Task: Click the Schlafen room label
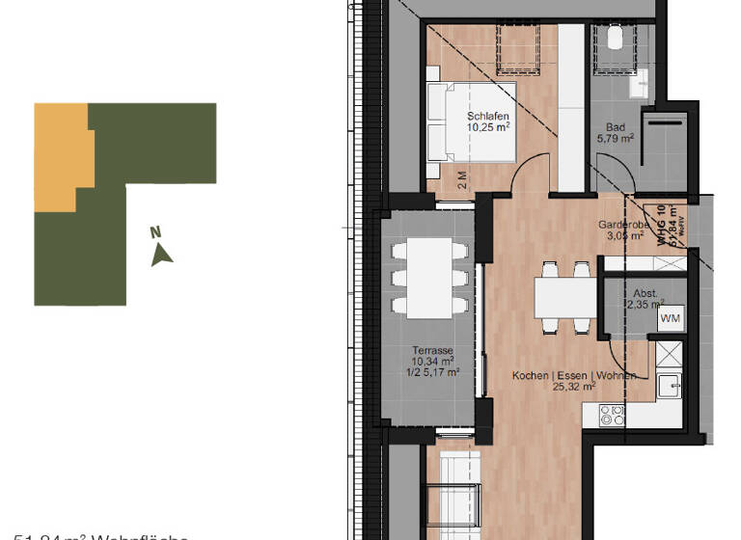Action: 487,115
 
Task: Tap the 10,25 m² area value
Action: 487,126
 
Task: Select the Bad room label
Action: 615,127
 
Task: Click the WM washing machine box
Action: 670,318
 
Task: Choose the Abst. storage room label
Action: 645,293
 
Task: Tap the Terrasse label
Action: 431,351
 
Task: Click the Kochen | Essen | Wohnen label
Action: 574,374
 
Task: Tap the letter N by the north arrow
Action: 154,231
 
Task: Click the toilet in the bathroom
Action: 616,39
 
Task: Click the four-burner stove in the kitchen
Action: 612,417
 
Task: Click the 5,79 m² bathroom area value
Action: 615,139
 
